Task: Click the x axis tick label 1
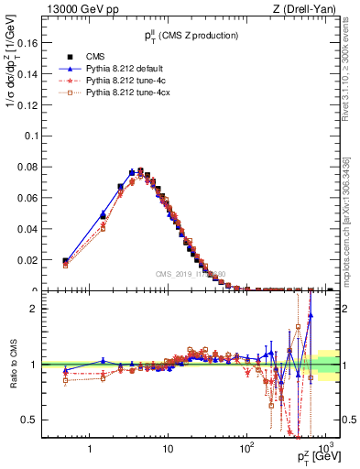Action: pyautogui.click(x=90, y=448)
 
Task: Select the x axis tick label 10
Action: pyautogui.click(x=168, y=448)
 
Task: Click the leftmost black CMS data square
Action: pyautogui.click(x=65, y=261)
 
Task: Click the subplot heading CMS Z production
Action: pyautogui.click(x=190, y=35)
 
